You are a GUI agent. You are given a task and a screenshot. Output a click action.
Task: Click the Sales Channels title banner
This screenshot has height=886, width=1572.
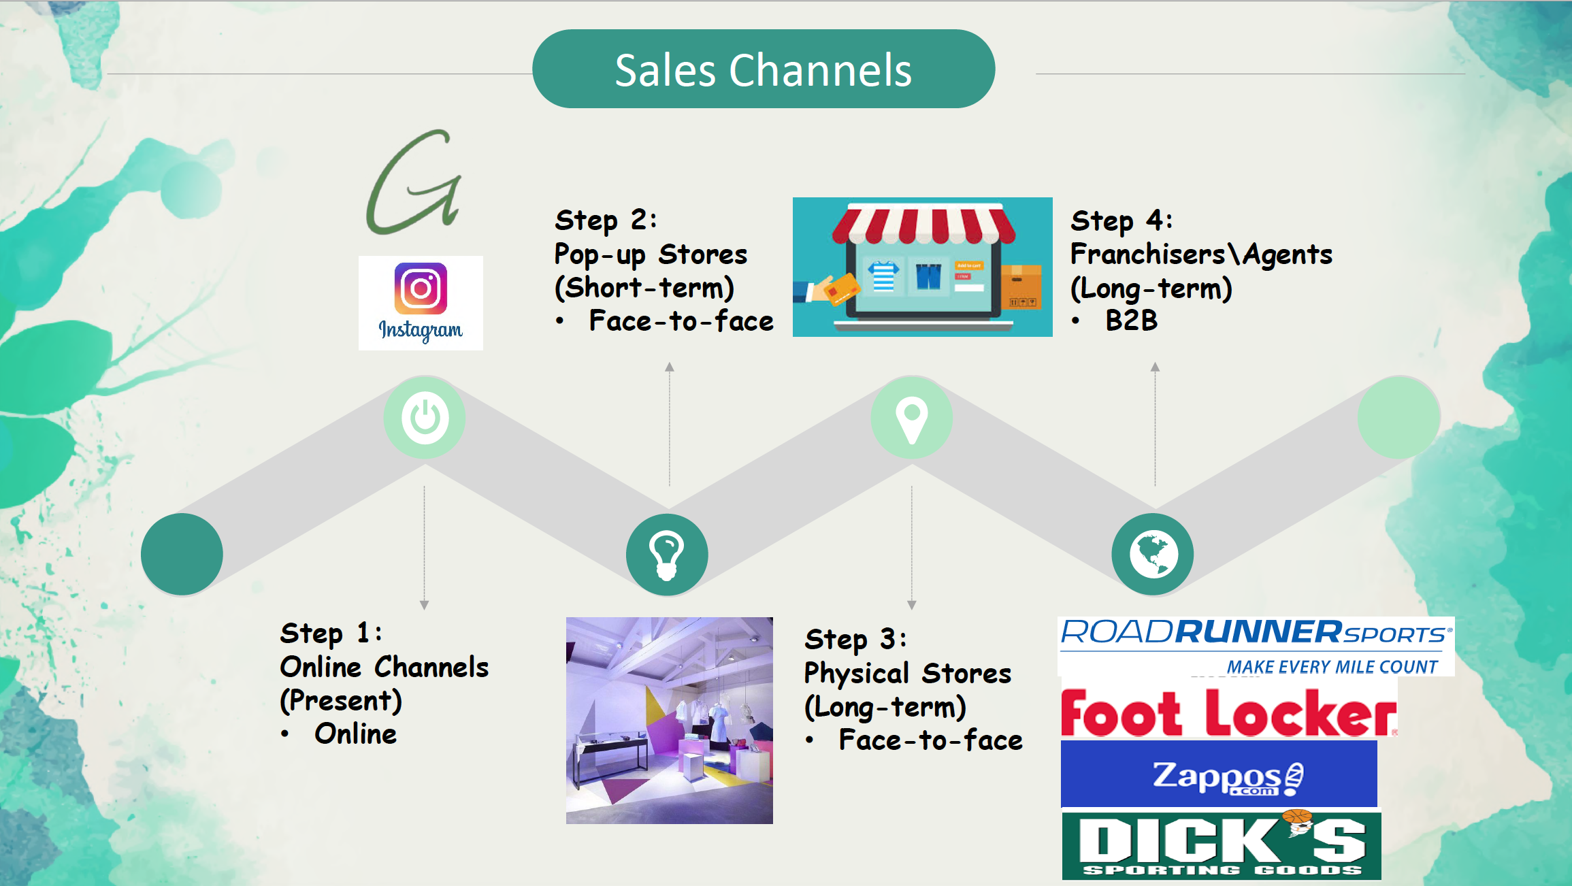coord(764,69)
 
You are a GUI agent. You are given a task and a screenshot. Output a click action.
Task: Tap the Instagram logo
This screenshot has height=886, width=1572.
coord(421,303)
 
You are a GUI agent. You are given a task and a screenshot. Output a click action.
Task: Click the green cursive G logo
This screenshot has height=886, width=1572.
coord(414,182)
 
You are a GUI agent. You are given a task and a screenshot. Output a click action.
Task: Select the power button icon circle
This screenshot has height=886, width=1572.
coord(425,417)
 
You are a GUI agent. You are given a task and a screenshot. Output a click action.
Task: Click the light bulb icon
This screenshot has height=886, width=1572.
coord(667,555)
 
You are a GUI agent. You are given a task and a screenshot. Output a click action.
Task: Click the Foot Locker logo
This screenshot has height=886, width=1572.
coord(1229,712)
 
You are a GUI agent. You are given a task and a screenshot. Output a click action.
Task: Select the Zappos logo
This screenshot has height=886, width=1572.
coord(1219,774)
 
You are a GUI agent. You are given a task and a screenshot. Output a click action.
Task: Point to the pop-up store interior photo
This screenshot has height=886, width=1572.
coord(670,721)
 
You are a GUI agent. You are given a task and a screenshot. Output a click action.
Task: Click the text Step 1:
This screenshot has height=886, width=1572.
coord(331,633)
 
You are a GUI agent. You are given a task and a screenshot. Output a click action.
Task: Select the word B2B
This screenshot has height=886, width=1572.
coord(1131,321)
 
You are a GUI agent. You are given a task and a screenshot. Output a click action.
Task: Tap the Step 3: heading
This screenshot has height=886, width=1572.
coord(855,639)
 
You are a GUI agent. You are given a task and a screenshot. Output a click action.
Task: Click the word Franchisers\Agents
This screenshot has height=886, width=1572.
coord(1201,254)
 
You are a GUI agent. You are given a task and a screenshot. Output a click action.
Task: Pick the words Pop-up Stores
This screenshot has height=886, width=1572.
coord(651,255)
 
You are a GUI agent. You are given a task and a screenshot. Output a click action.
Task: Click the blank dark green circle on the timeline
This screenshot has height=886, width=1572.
coord(182,555)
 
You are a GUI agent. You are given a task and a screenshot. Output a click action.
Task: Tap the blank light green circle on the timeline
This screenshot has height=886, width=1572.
coord(1399,417)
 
